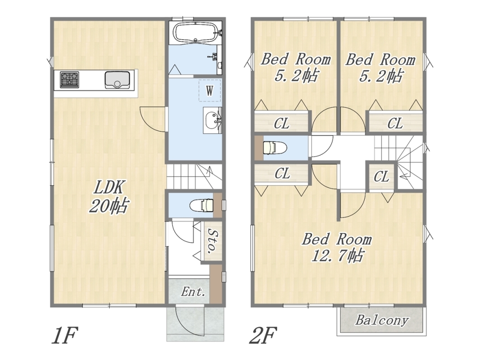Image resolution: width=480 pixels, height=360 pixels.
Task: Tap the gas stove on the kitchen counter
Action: tap(69, 80)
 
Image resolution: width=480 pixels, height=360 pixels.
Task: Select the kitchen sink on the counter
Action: tap(116, 80)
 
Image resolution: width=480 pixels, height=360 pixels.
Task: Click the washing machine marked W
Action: tap(210, 90)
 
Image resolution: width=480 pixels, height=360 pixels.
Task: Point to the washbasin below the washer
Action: tap(212, 120)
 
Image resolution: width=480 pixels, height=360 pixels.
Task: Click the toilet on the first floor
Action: tap(202, 205)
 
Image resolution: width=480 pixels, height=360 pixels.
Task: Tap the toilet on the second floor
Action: tap(274, 148)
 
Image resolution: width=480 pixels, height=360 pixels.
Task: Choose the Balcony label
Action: tap(382, 320)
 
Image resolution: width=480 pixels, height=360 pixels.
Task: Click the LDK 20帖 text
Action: tap(109, 197)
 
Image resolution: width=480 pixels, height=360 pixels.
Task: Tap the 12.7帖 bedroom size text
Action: tap(337, 255)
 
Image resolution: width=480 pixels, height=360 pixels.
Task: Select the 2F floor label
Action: tap(263, 335)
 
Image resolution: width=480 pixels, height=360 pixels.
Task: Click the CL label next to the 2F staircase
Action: tap(381, 177)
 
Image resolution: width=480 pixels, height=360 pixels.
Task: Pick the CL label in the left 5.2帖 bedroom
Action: tap(282, 124)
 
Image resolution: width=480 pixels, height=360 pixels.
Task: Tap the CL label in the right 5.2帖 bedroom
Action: tap(395, 124)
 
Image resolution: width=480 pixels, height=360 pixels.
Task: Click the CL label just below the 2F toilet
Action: tap(282, 173)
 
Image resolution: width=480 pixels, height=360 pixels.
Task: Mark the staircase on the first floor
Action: tap(194, 176)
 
